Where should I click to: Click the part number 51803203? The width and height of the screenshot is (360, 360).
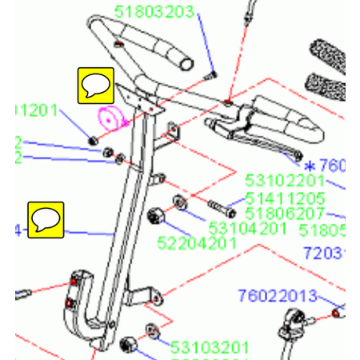click(x=166, y=12)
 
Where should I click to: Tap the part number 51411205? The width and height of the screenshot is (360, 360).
click(x=285, y=198)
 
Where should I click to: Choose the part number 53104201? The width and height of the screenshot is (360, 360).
click(x=247, y=228)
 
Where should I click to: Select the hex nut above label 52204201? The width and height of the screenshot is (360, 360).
click(x=157, y=215)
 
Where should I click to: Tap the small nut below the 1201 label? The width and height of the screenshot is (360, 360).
click(x=93, y=142)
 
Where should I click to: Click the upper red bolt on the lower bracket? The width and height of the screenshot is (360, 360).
click(x=75, y=282)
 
